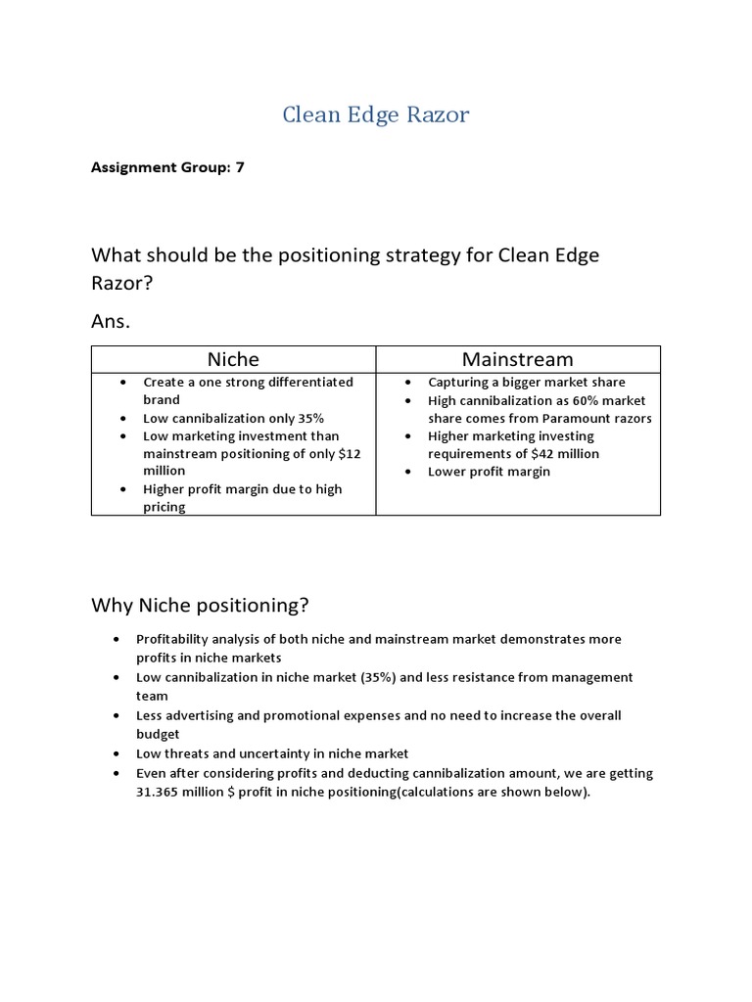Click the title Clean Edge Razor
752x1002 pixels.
(376, 114)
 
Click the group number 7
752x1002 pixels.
(240, 167)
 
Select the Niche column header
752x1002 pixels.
(233, 359)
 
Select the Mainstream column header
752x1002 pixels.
(517, 359)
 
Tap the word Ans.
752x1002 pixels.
(110, 321)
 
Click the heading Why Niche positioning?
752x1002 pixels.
(200, 605)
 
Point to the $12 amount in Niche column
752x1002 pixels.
(352, 454)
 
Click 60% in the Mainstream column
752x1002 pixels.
(574, 400)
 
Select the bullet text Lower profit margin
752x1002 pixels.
(489, 472)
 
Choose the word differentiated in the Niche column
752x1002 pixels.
(302, 382)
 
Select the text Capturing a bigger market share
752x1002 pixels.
(526, 382)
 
